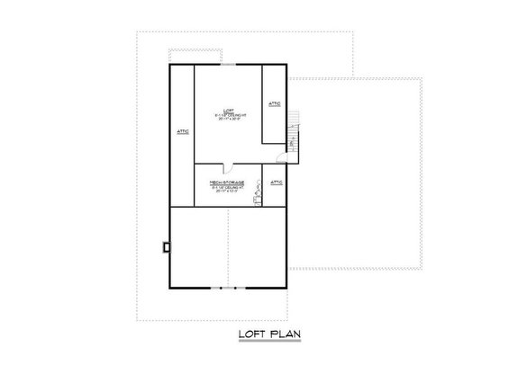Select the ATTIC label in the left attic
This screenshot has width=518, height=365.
(x=182, y=131)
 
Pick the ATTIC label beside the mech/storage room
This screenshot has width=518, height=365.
(x=277, y=182)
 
